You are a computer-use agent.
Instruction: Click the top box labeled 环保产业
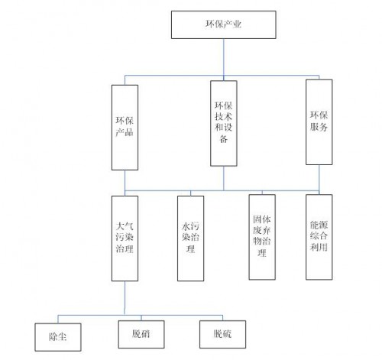(x=223, y=24)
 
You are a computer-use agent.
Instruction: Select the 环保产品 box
(x=125, y=128)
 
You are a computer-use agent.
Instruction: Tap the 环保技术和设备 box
(x=224, y=123)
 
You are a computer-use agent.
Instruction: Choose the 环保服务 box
(x=319, y=122)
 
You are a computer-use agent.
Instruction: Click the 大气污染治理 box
(x=125, y=238)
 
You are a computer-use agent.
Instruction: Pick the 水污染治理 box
(x=190, y=238)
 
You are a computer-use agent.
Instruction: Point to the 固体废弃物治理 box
(x=262, y=237)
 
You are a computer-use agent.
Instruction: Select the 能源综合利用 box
(x=319, y=237)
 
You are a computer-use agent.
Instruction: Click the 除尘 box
(x=58, y=337)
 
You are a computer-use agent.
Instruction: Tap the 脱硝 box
(x=141, y=334)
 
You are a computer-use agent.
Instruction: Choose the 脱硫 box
(x=222, y=334)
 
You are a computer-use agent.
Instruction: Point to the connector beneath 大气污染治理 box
(x=125, y=298)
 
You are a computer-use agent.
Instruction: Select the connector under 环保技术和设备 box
(x=224, y=178)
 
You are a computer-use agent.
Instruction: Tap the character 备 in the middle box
(x=224, y=139)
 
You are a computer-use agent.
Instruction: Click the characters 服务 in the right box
(x=319, y=127)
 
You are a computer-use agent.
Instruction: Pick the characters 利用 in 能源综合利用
(x=319, y=247)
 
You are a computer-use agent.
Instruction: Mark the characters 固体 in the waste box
(x=262, y=219)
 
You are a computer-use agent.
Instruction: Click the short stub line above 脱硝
(x=141, y=318)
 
